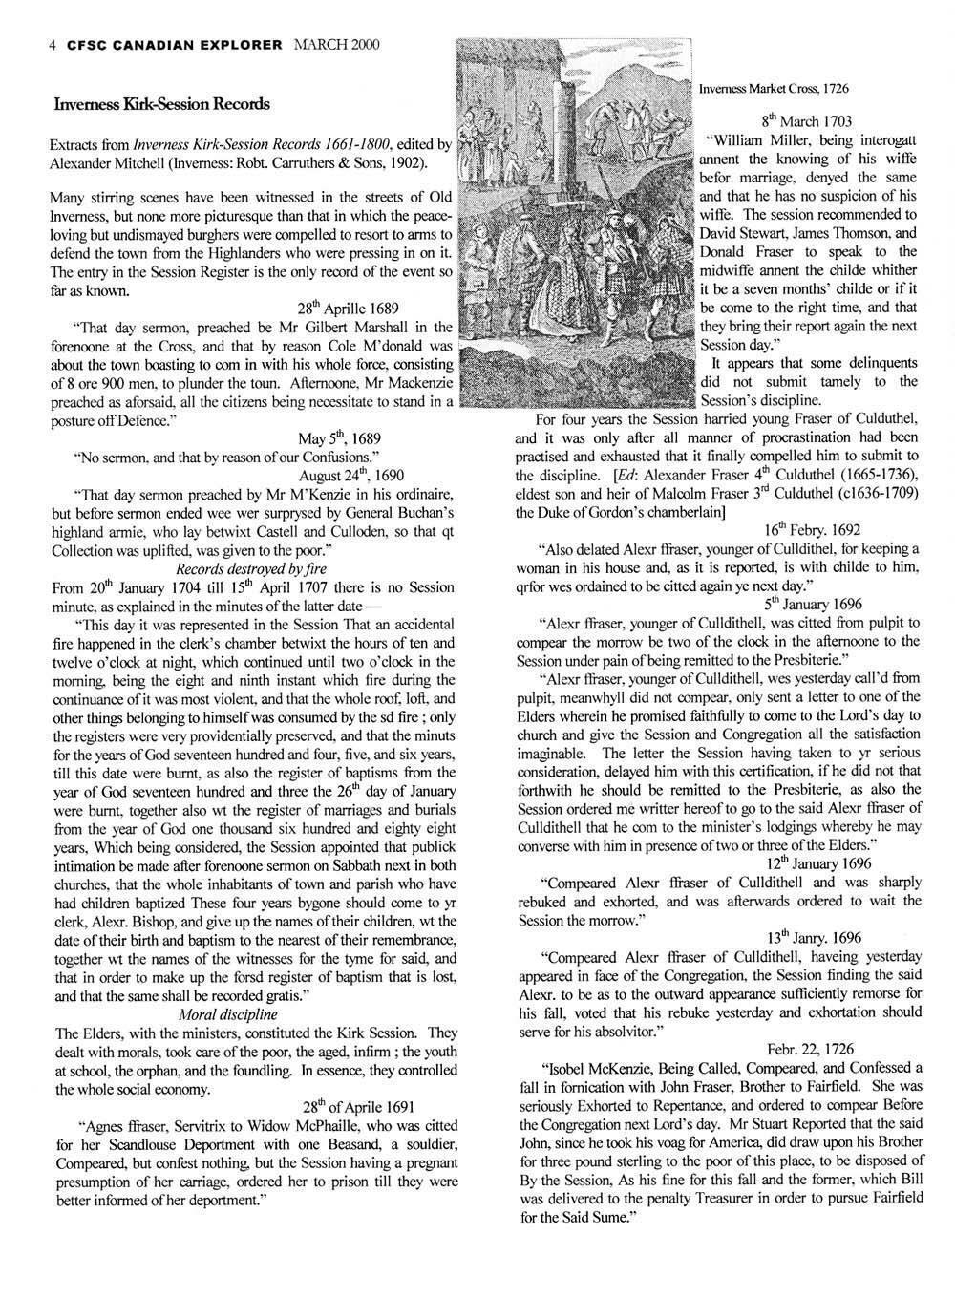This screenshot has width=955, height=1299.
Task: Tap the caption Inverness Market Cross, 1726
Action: (774, 88)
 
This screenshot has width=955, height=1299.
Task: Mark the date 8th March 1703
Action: (806, 121)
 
